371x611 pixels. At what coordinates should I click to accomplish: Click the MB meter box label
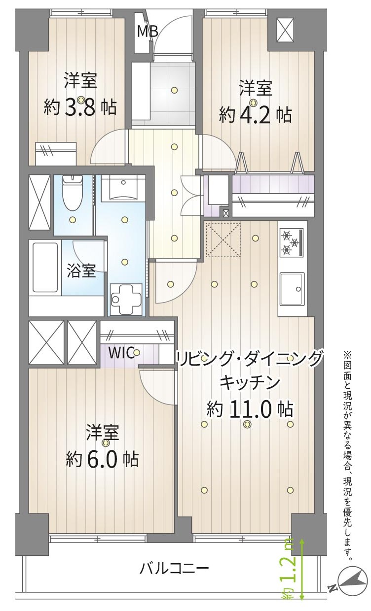[x=148, y=32]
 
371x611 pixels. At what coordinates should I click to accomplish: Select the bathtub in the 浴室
[x=45, y=267]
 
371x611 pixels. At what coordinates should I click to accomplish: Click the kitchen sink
[x=292, y=289]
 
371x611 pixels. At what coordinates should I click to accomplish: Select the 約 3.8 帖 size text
[x=80, y=107]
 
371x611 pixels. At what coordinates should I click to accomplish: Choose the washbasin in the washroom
[x=123, y=188]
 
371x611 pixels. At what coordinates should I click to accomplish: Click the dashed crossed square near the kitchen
[x=223, y=239]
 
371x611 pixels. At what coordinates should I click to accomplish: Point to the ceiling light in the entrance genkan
[x=174, y=90]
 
